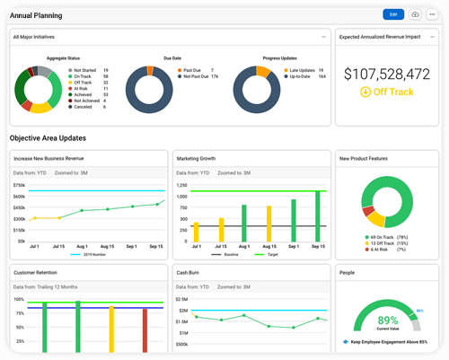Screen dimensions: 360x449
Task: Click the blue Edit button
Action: pyautogui.click(x=392, y=14)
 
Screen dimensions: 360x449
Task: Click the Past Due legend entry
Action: pyautogui.click(x=195, y=69)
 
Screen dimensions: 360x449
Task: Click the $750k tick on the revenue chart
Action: pyautogui.click(x=19, y=184)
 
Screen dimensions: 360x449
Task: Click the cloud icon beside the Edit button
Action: pyautogui.click(x=415, y=14)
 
